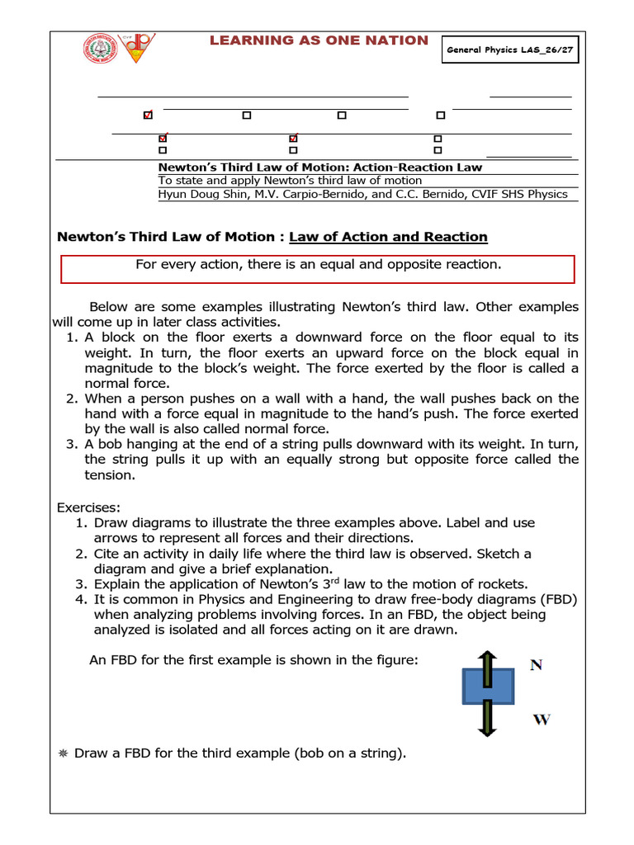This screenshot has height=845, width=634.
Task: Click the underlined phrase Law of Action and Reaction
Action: (388, 237)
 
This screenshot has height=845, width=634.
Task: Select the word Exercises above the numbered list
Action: (88, 507)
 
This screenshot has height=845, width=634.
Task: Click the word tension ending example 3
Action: (109, 475)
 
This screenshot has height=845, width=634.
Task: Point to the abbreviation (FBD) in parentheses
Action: (556, 599)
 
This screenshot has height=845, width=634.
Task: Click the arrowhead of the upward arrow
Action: (488, 656)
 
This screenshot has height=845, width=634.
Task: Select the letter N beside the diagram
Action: (537, 665)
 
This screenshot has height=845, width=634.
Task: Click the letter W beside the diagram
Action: (542, 720)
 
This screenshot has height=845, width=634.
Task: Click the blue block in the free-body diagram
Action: (489, 687)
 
